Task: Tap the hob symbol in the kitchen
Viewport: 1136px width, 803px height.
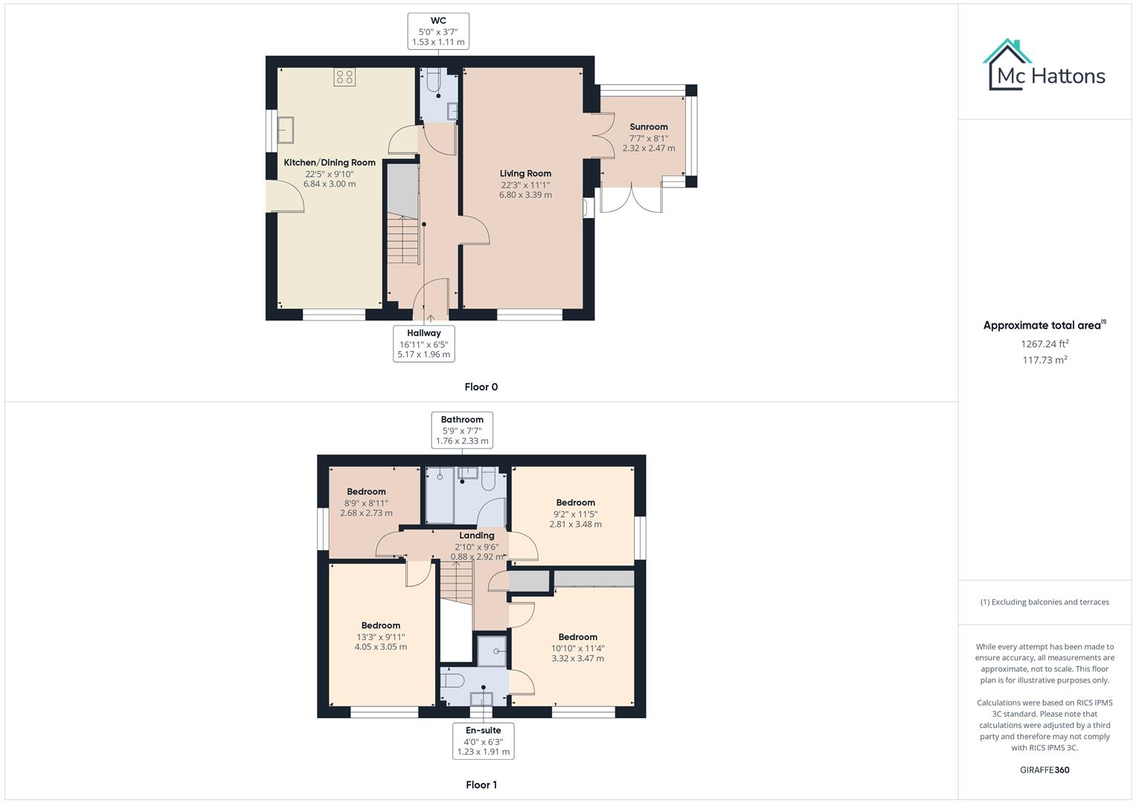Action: (x=344, y=77)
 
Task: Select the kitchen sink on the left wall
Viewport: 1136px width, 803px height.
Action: (x=285, y=130)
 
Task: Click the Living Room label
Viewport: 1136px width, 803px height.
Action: (x=525, y=173)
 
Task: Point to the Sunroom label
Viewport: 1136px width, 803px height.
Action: (x=649, y=127)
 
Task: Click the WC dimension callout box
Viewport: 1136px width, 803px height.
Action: (x=438, y=31)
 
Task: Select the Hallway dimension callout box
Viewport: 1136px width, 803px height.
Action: (x=423, y=344)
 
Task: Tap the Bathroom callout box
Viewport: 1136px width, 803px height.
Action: (x=462, y=430)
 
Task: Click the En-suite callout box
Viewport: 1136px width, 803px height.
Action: (x=483, y=741)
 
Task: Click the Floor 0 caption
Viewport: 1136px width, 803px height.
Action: (x=481, y=387)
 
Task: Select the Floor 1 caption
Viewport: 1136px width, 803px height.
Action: (x=481, y=784)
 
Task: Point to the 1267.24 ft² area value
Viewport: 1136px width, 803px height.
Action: (x=1044, y=344)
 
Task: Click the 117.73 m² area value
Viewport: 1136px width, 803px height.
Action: (x=1044, y=360)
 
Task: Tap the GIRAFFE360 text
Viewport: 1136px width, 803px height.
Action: (x=1044, y=770)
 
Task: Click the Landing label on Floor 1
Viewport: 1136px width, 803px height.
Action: (x=477, y=535)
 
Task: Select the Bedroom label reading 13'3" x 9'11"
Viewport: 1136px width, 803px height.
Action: (x=381, y=626)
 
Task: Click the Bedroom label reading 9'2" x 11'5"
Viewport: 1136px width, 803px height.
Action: (x=575, y=503)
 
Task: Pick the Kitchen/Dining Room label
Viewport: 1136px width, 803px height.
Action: (x=330, y=163)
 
